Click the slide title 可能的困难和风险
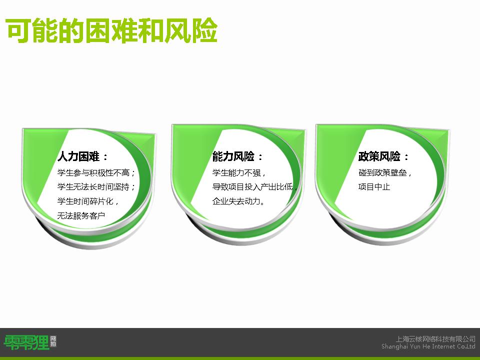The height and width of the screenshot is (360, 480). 111,30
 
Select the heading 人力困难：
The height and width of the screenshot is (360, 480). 82,156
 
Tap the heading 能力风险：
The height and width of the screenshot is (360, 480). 238,156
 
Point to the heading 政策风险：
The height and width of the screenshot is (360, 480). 383,156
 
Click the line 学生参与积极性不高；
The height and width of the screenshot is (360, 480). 96,172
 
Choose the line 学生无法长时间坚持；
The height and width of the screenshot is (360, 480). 96,186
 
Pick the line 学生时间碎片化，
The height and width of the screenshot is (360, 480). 88,201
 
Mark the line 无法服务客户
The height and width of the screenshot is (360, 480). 81,215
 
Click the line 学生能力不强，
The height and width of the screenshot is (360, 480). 239,172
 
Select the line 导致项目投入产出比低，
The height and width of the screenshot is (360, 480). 254,186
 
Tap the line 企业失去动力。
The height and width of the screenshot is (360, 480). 238,201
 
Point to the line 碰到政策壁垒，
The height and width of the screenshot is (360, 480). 385,172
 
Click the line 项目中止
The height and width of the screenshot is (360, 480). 374,186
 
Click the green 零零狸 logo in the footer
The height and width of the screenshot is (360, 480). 26,342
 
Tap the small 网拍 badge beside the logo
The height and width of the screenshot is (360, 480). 53,341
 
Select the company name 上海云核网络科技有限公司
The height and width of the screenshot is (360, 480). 435,339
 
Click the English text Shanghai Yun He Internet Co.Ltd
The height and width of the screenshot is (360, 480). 428,346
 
